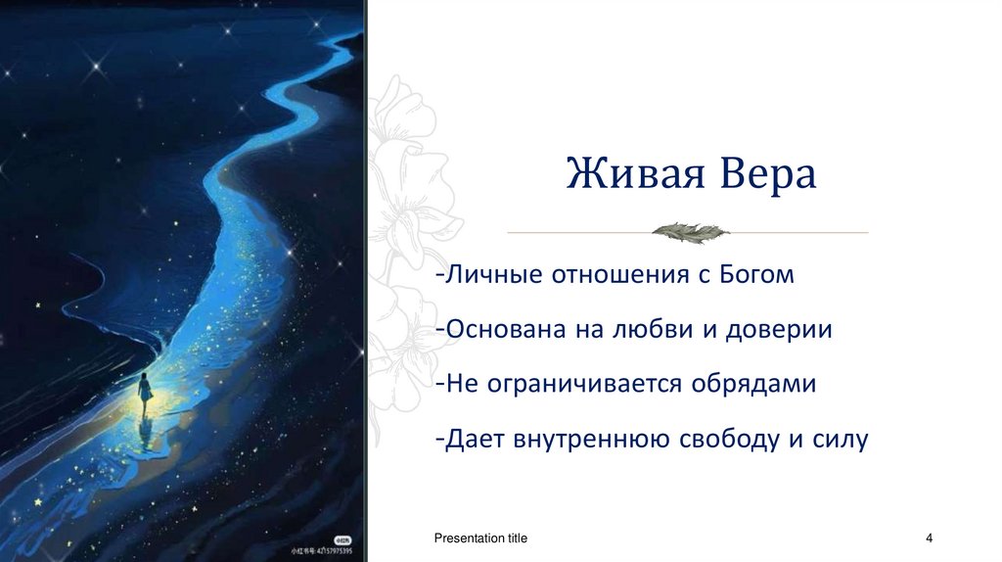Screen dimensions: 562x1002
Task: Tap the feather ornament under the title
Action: [690, 232]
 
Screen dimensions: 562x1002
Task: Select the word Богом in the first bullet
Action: [753, 275]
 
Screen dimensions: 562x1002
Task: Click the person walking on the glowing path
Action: [145, 390]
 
